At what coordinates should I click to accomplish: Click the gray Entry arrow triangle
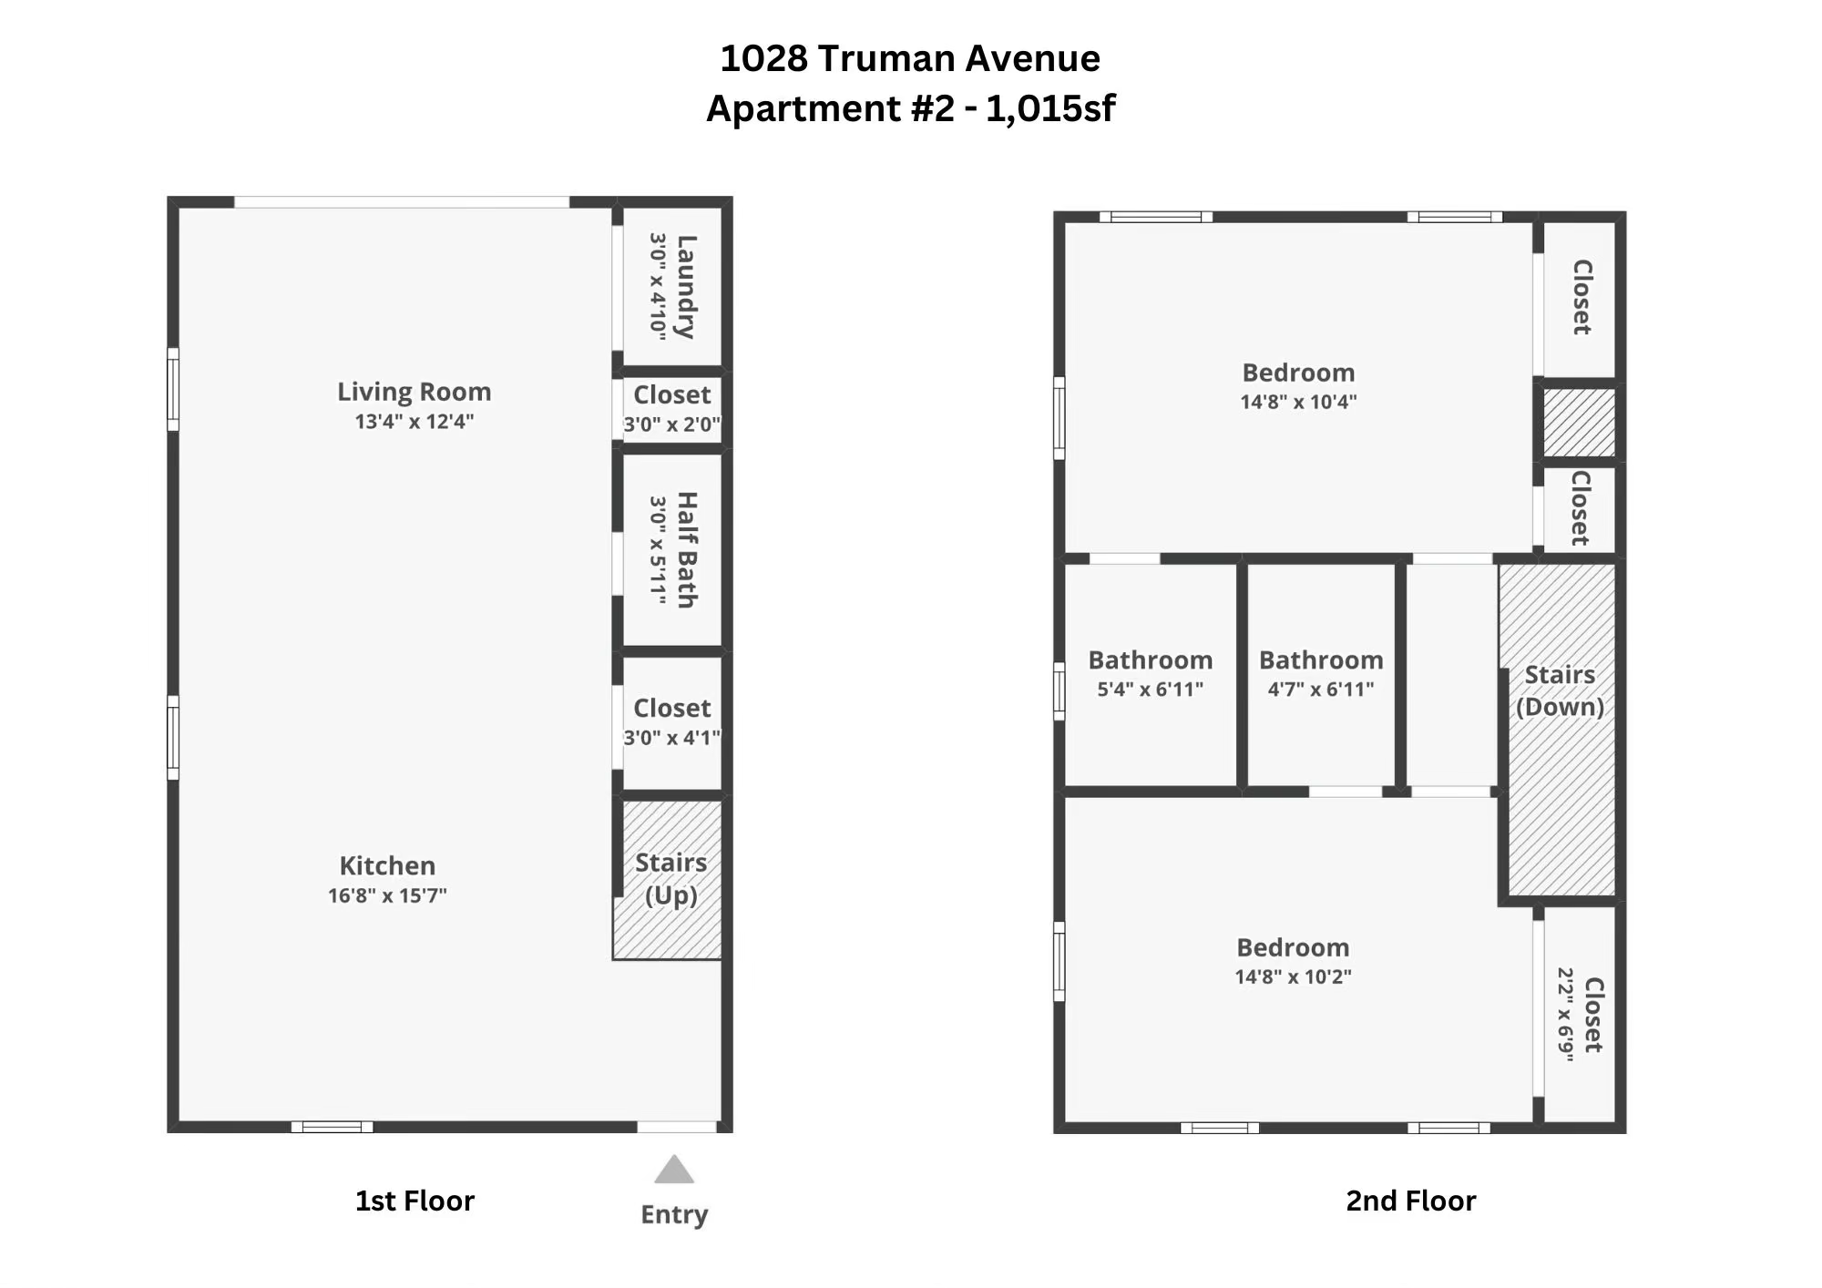[x=674, y=1169]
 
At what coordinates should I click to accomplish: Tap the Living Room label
[x=415, y=392]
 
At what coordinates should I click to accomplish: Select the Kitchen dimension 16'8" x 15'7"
[x=387, y=895]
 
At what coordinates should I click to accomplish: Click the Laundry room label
[x=686, y=287]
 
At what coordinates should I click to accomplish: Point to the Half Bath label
[x=687, y=550]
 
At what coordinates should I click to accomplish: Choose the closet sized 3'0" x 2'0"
[x=672, y=408]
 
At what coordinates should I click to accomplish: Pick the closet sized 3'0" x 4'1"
[x=672, y=722]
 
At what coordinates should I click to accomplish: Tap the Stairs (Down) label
[x=1560, y=690]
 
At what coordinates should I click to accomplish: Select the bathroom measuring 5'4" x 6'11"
[x=1150, y=674]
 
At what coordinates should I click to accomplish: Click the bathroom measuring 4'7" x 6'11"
[x=1321, y=674]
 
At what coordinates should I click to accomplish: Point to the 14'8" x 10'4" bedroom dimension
[x=1298, y=402]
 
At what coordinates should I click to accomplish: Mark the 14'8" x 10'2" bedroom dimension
[x=1293, y=976]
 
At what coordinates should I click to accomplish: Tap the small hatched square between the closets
[x=1579, y=423]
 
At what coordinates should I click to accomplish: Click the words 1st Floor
[x=415, y=1201]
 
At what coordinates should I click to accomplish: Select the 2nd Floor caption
[x=1411, y=1201]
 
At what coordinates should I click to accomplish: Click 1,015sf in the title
[x=1050, y=108]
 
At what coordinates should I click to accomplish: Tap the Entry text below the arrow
[x=674, y=1215]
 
